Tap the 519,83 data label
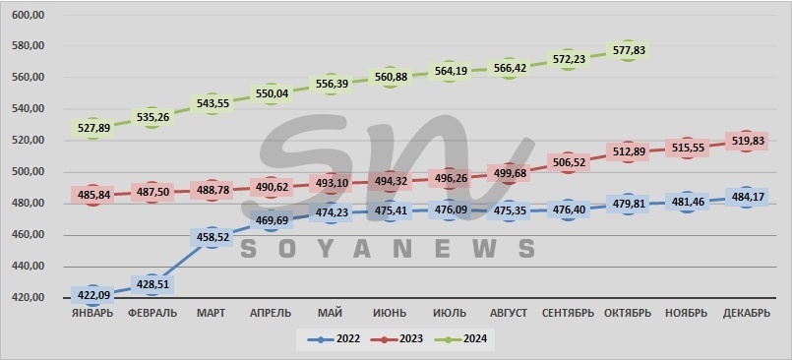pyautogui.click(x=745, y=142)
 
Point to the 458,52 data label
pyautogui.click(x=212, y=238)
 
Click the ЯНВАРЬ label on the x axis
pyautogui.click(x=92, y=314)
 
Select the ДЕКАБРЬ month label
pyautogui.click(x=745, y=314)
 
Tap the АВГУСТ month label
pyautogui.click(x=508, y=314)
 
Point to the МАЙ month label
pyautogui.click(x=330, y=314)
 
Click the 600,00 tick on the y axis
pyautogui.click(x=28, y=15)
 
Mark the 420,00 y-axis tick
pyautogui.click(x=28, y=298)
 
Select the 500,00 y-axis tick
pyautogui.click(x=28, y=172)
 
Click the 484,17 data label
pyautogui.click(x=745, y=198)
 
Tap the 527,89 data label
pyautogui.click(x=92, y=128)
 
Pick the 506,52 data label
pyautogui.click(x=568, y=163)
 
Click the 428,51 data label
pyautogui.click(x=152, y=285)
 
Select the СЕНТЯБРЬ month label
pyautogui.click(x=568, y=314)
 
